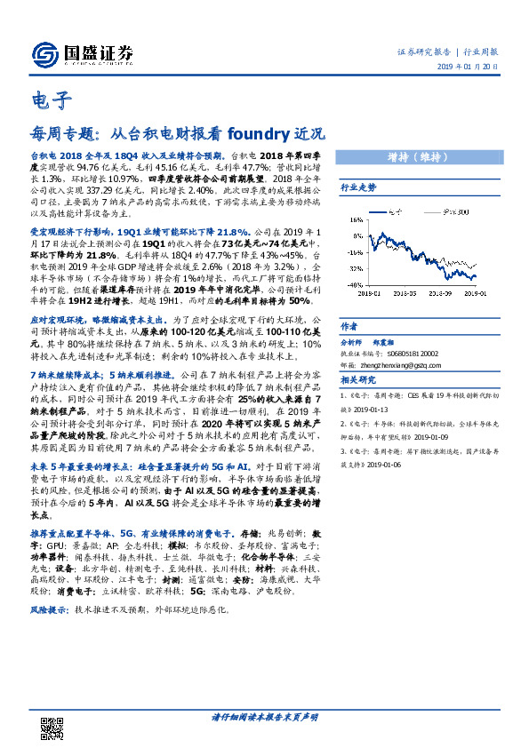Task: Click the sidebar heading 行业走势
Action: (x=358, y=188)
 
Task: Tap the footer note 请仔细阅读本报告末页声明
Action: (x=264, y=717)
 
